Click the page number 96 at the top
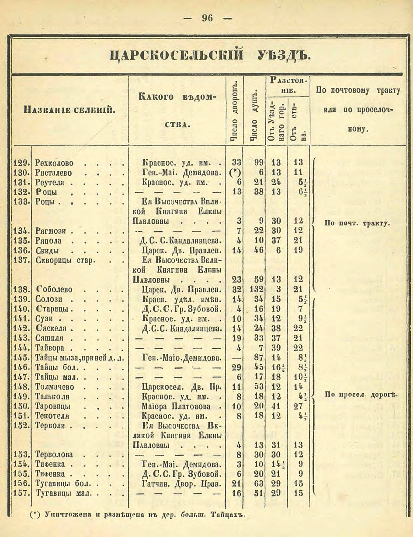point(207,18)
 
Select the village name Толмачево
point(55,387)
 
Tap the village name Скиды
point(47,251)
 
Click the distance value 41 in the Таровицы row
point(276,406)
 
